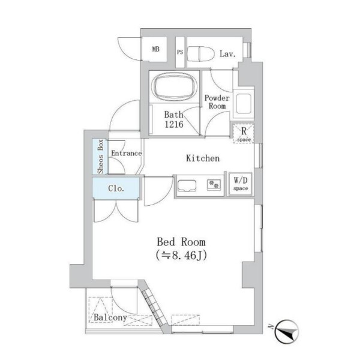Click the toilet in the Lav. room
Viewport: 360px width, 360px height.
click(x=200, y=54)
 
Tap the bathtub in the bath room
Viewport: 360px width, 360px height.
click(x=176, y=87)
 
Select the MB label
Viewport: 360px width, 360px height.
click(x=155, y=49)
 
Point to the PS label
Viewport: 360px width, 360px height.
click(x=180, y=52)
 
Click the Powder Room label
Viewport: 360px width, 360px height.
click(x=217, y=102)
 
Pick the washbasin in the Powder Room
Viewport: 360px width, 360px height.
click(x=244, y=103)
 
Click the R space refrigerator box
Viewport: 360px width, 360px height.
click(x=244, y=133)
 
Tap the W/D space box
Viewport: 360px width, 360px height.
click(x=241, y=184)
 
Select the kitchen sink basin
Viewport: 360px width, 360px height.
click(x=187, y=185)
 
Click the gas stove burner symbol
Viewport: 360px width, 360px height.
click(x=214, y=185)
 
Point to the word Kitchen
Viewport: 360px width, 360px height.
click(x=203, y=158)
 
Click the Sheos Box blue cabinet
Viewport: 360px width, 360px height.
click(x=100, y=157)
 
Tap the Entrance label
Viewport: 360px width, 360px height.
click(x=127, y=153)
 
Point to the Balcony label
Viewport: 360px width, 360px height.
click(x=110, y=317)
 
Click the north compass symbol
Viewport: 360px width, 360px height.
click(x=287, y=331)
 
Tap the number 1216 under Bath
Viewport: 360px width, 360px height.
click(x=174, y=124)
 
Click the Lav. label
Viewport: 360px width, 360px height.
click(x=227, y=54)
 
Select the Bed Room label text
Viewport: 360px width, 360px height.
click(x=181, y=242)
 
